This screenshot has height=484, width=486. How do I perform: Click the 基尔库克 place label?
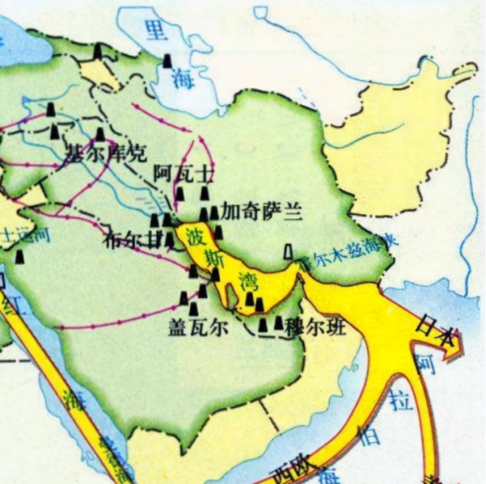(x=105, y=154)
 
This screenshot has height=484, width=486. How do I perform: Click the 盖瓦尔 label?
(x=198, y=327)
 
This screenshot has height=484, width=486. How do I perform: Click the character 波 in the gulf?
(x=193, y=237)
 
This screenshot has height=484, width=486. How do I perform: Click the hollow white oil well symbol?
(x=288, y=251)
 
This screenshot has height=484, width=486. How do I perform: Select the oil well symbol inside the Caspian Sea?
(x=167, y=61)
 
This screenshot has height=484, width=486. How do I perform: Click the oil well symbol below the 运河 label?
(x=19, y=256)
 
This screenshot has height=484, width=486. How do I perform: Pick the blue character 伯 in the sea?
(x=368, y=436)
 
